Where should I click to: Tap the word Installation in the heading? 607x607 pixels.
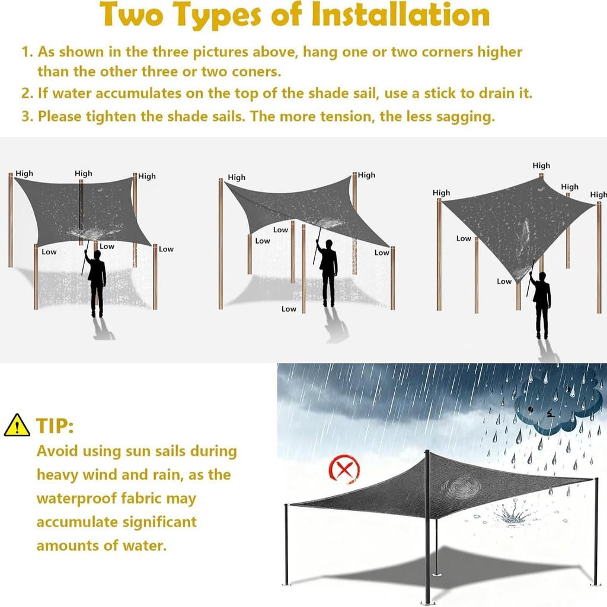click(x=401, y=16)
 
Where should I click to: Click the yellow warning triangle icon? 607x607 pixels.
click(x=17, y=426)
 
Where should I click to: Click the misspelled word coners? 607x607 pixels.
click(x=260, y=72)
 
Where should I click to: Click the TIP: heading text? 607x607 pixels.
click(x=55, y=426)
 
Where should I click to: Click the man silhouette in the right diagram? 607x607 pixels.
click(x=541, y=305)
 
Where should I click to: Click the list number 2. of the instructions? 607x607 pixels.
click(x=28, y=94)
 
